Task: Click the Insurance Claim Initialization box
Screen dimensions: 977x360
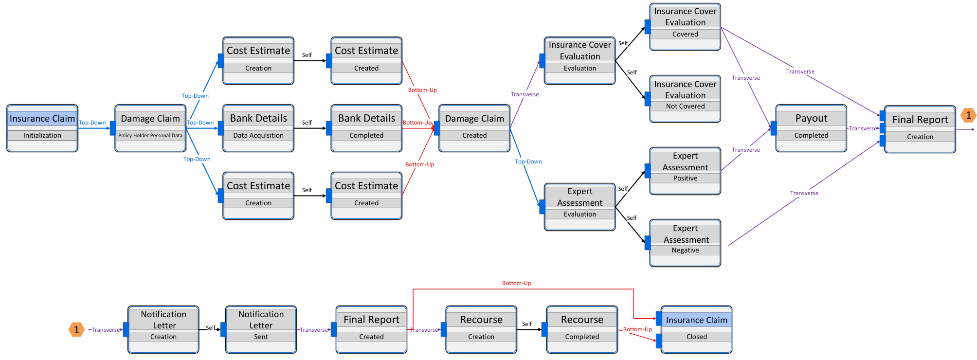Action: click(42, 128)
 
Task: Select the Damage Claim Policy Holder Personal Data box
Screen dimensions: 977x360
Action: click(150, 128)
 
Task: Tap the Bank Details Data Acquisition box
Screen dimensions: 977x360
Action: click(258, 128)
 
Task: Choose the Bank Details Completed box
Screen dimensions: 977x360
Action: click(366, 128)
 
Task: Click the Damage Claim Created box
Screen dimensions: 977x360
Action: click(474, 128)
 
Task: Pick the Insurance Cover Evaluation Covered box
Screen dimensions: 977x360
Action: click(685, 27)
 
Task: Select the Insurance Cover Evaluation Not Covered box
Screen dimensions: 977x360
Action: click(685, 99)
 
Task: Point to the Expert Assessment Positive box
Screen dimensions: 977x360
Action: click(685, 171)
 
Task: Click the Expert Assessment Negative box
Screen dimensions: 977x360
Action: click(685, 243)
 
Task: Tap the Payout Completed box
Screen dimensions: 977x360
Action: click(811, 128)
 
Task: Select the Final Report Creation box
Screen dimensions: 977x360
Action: click(920, 129)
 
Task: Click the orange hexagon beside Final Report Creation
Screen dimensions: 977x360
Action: click(968, 115)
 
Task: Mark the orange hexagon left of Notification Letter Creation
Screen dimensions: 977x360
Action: click(76, 330)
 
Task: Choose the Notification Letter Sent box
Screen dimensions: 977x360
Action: click(261, 329)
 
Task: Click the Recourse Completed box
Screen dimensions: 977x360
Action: click(582, 329)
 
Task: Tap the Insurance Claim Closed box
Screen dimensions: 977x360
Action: click(696, 329)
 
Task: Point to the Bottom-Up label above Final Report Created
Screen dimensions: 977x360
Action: click(517, 283)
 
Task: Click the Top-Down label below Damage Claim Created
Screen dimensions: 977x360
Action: click(528, 162)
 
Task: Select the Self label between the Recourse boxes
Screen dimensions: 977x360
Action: click(527, 324)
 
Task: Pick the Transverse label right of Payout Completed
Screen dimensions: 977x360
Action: click(863, 128)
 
